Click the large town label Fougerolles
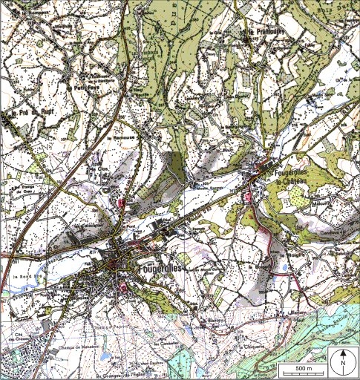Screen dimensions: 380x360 (x=160, y=266)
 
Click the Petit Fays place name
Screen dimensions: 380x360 (x=86, y=88)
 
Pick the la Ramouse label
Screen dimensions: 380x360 (x=119, y=138)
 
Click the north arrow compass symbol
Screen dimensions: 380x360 (x=344, y=364)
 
